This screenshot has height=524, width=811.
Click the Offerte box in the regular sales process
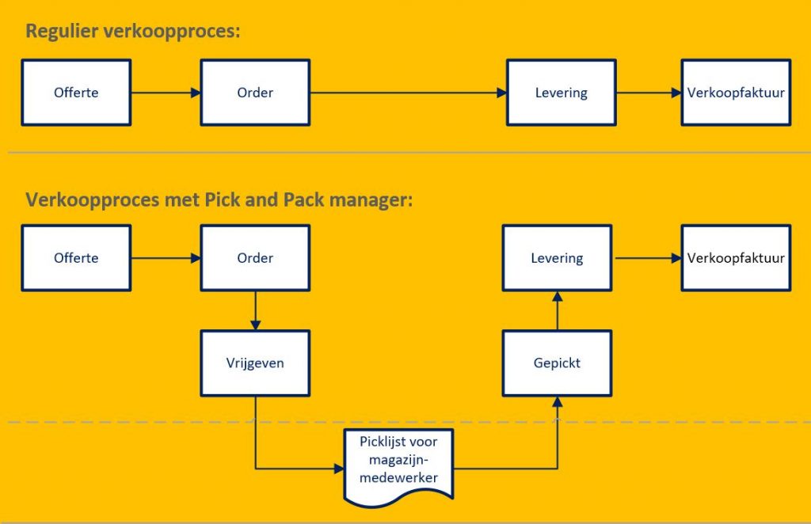click(x=76, y=93)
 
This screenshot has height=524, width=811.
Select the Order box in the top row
click(x=255, y=93)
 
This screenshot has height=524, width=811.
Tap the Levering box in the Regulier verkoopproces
click(x=561, y=93)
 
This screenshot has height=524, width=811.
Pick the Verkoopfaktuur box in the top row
click(x=736, y=93)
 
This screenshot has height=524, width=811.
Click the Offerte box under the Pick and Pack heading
click(x=76, y=258)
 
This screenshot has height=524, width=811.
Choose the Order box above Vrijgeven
click(x=255, y=258)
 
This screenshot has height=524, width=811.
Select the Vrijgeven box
click(x=255, y=363)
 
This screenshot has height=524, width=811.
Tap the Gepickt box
click(x=557, y=363)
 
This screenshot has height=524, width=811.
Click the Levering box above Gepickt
click(x=557, y=258)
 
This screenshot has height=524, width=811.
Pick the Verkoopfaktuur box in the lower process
click(x=736, y=258)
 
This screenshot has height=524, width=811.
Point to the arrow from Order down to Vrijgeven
click(x=255, y=310)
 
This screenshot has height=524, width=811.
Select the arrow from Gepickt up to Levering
click(x=557, y=310)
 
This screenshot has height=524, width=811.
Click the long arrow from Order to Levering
click(x=408, y=93)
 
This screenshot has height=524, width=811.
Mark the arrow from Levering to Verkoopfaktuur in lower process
click(x=645, y=258)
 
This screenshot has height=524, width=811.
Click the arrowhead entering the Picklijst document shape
click(x=338, y=469)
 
